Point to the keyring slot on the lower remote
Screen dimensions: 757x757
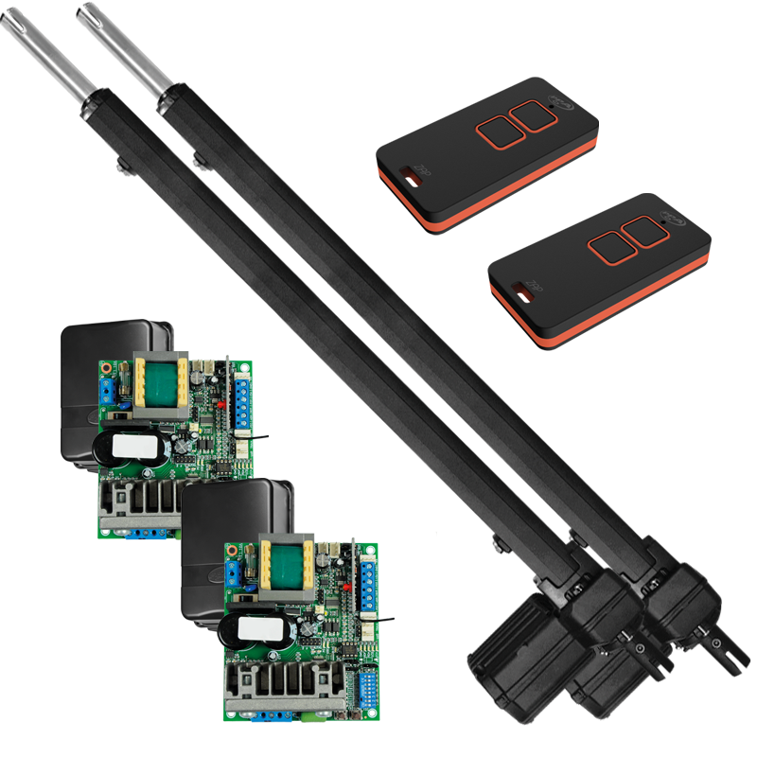point(520,289)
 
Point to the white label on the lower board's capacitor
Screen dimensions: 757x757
point(257,631)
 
